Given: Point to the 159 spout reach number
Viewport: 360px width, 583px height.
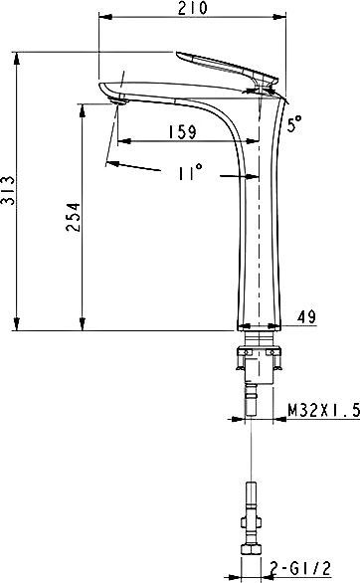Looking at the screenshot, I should point(181,130).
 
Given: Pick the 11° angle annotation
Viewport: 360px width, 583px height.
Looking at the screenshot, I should point(188,173).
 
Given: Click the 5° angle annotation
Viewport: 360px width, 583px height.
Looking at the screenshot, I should point(293,123).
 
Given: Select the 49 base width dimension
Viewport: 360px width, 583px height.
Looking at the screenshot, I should point(307,317).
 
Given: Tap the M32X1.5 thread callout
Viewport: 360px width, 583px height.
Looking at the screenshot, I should point(323,409).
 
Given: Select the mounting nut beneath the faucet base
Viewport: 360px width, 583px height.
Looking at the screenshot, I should point(260,353).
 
